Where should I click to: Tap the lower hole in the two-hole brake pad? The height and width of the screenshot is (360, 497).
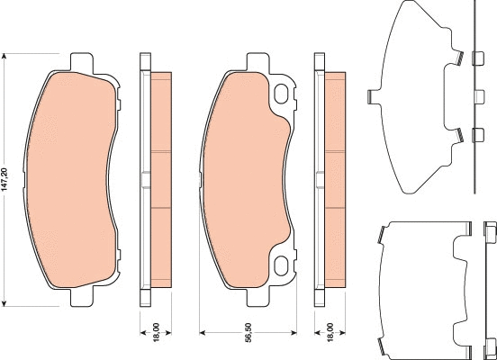[283, 265]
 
